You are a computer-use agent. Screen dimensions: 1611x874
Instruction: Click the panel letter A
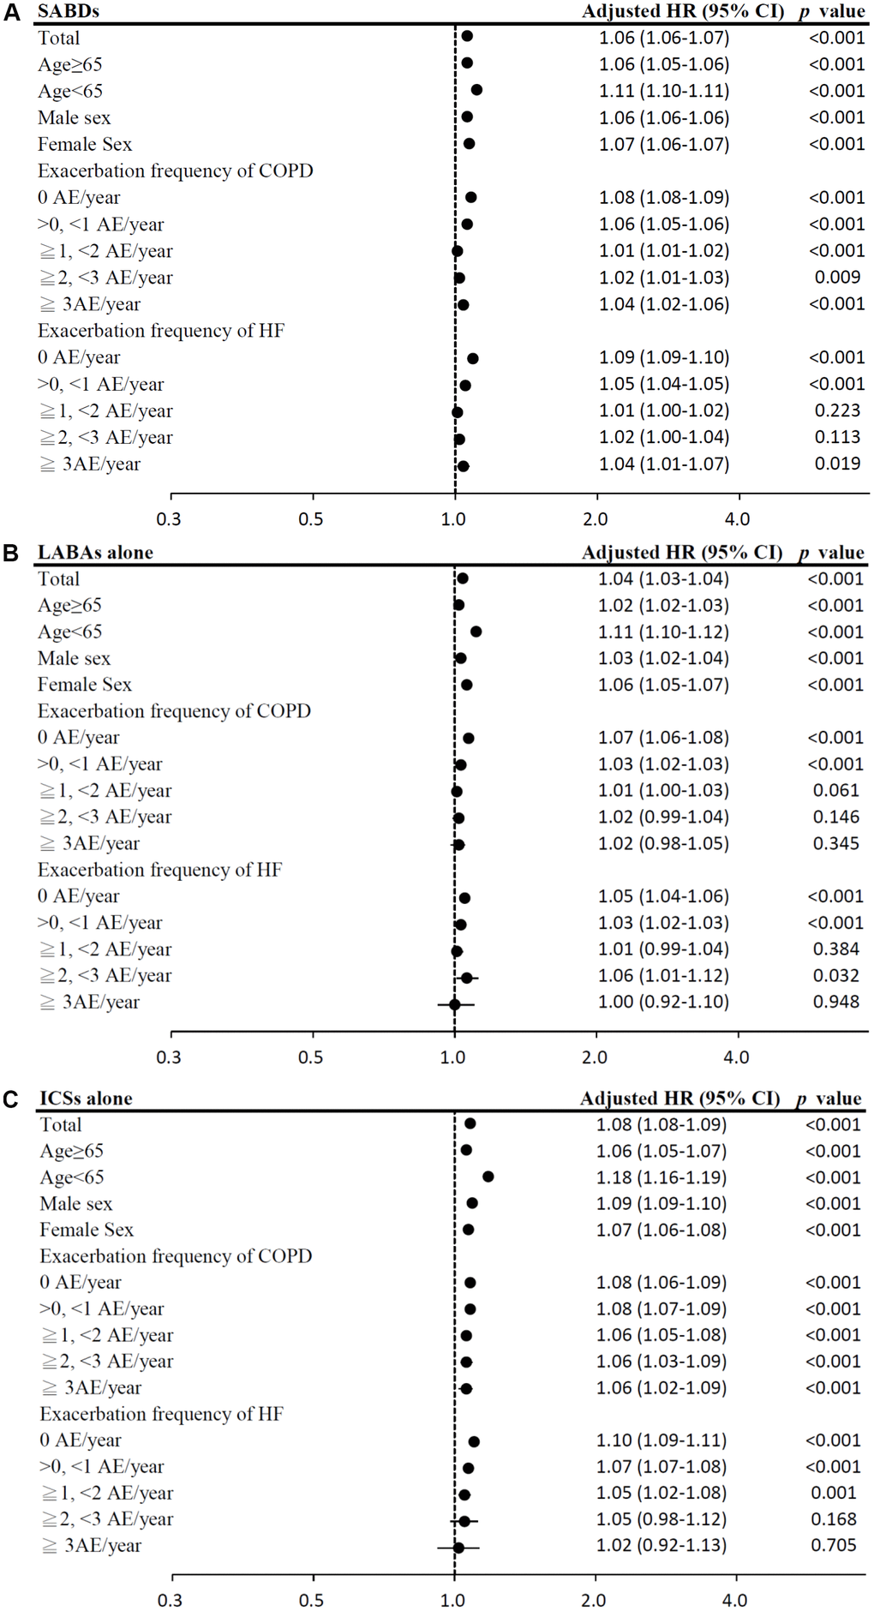(11, 11)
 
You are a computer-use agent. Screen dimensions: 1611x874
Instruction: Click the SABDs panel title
(69, 11)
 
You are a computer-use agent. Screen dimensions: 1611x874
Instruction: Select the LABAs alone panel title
(95, 553)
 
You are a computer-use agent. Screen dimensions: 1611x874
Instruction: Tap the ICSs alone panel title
(86, 1099)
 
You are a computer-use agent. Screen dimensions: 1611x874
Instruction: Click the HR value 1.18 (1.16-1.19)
(661, 1177)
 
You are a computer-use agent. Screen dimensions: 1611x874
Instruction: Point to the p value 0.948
(836, 1002)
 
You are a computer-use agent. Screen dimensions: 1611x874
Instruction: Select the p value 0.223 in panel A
(837, 410)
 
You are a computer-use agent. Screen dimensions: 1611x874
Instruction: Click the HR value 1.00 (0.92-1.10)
(663, 1002)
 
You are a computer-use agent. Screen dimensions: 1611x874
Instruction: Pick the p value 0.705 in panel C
(834, 1545)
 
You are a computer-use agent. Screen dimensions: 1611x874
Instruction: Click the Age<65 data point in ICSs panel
(488, 1177)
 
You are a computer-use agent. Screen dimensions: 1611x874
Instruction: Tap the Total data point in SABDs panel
(467, 37)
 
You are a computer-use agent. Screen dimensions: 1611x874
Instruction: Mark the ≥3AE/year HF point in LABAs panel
(454, 1003)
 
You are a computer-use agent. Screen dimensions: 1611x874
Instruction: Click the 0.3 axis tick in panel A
(170, 519)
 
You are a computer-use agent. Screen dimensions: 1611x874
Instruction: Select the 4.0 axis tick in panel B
(737, 1057)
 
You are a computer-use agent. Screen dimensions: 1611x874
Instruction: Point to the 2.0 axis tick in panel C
(594, 1600)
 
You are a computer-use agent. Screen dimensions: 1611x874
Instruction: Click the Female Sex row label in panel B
(84, 685)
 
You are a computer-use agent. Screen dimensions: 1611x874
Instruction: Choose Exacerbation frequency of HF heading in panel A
(161, 331)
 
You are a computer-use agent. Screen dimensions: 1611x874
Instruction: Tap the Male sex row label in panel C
(75, 1204)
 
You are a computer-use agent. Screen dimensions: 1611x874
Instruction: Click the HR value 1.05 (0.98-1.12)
(661, 1518)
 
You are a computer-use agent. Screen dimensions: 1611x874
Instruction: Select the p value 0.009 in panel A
(837, 278)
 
